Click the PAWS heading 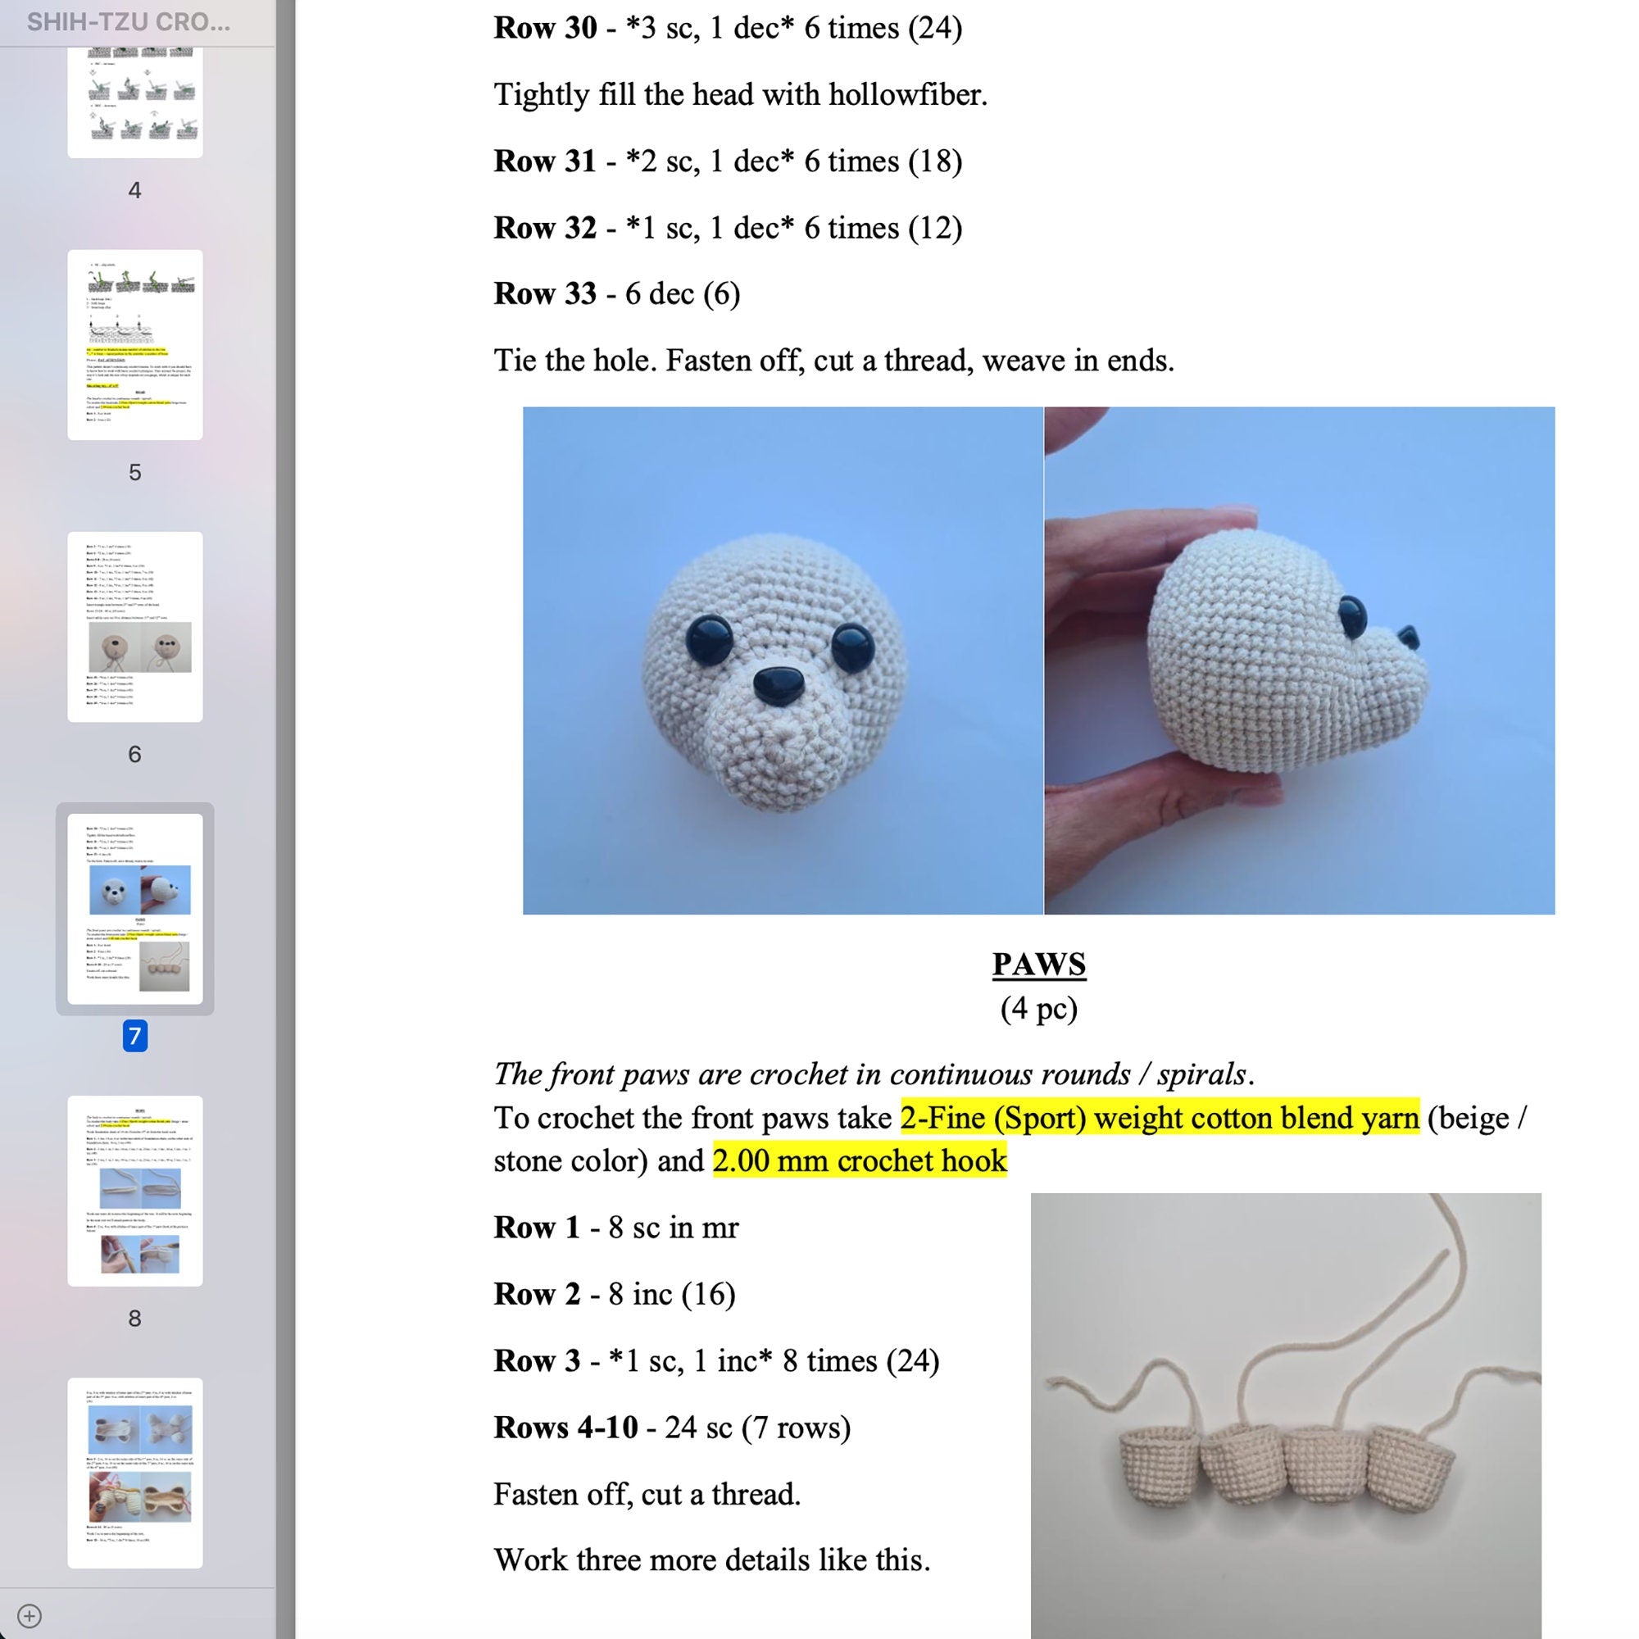click(1038, 964)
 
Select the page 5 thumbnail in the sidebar click(135, 344)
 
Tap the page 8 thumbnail click(135, 1190)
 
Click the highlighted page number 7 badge click(135, 1036)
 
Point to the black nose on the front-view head click(778, 683)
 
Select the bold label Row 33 click(545, 293)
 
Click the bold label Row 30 click(545, 28)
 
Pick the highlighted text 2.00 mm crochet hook click(860, 1160)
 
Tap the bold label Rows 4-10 click(565, 1427)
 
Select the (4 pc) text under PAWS click(1038, 1008)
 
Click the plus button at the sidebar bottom click(29, 1615)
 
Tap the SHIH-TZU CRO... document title click(128, 22)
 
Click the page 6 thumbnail click(135, 627)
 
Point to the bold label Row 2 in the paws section click(537, 1294)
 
